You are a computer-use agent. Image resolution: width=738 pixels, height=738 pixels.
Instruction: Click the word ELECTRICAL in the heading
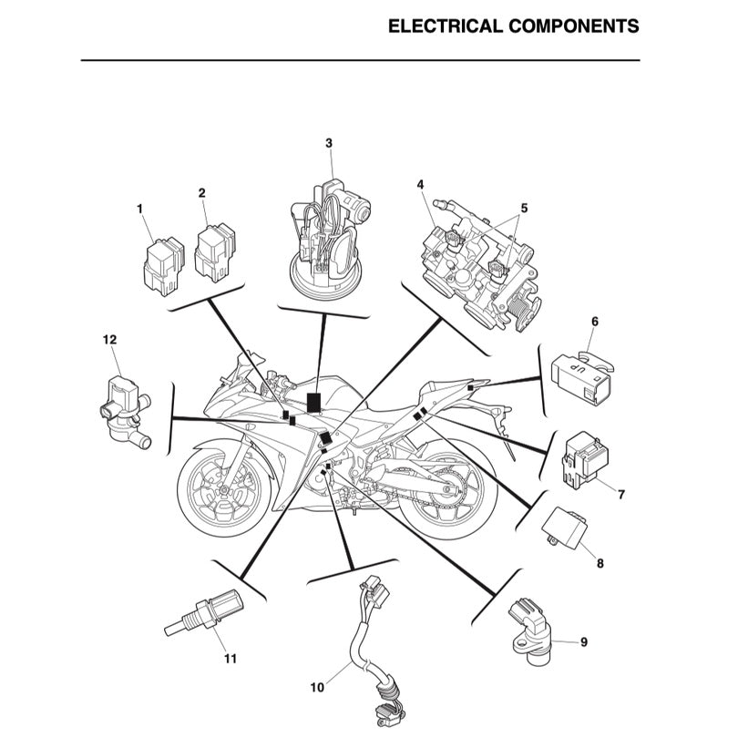click(445, 26)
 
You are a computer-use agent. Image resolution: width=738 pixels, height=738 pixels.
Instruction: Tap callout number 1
click(140, 210)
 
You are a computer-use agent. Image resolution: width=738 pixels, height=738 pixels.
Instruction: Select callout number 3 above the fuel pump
click(329, 143)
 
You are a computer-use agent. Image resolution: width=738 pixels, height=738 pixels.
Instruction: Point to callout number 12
click(109, 340)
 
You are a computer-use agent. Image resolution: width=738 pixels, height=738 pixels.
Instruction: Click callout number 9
click(584, 641)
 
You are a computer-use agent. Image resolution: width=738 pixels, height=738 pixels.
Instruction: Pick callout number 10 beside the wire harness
click(317, 688)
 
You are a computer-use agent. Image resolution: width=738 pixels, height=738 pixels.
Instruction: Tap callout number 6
click(595, 322)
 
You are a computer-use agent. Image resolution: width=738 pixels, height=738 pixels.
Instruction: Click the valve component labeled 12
click(119, 406)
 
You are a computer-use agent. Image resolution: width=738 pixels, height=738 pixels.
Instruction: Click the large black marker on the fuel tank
click(315, 402)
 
